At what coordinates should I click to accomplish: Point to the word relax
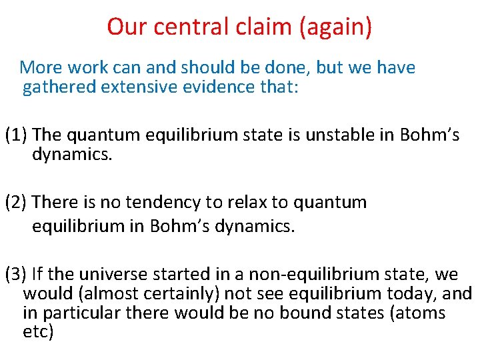pyautogui.click(x=241, y=202)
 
